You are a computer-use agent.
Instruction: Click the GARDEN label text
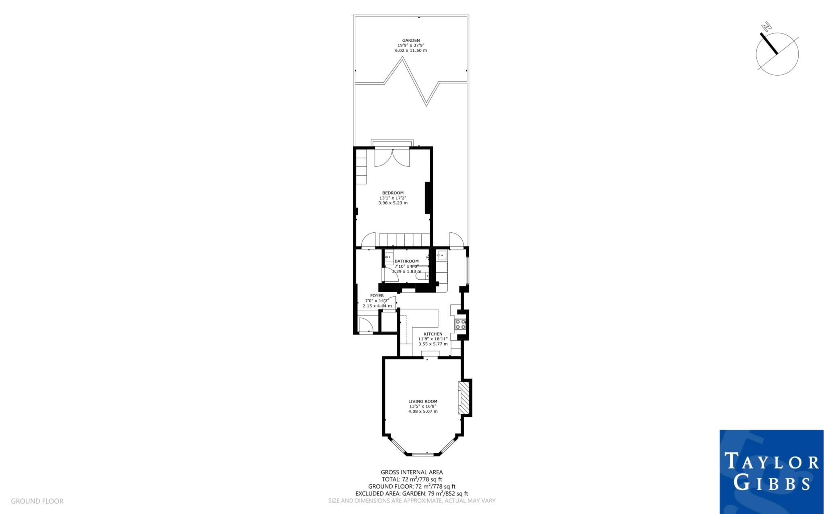[411, 41]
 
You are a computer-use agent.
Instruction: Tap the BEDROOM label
[393, 193]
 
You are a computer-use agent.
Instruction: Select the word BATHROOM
[406, 261]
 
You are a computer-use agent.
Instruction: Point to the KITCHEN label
[433, 334]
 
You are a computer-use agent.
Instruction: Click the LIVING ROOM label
[422, 401]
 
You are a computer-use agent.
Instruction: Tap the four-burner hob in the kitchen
[460, 324]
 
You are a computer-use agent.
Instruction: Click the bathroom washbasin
[389, 258]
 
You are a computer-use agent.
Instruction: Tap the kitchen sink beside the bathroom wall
[441, 255]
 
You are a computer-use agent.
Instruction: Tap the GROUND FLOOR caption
[37, 501]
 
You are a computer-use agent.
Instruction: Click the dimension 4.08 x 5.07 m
[422, 412]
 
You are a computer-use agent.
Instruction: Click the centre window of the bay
[423, 455]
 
